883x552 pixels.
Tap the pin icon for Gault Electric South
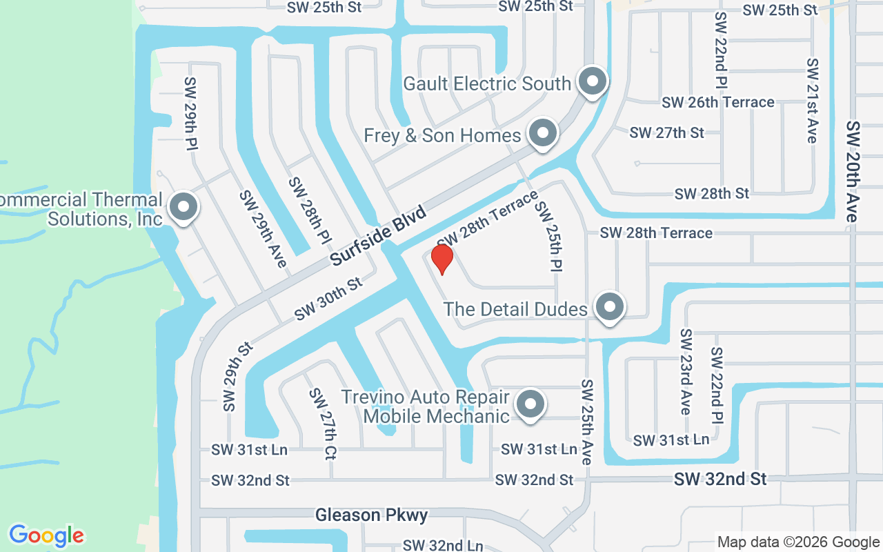tap(591, 82)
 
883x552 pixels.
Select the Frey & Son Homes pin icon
tap(542, 132)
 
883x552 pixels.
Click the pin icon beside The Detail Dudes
tap(609, 307)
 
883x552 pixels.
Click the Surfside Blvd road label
tap(378, 235)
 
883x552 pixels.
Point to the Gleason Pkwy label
tap(371, 515)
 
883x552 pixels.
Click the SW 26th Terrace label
tap(717, 102)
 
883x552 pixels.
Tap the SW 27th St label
tap(666, 132)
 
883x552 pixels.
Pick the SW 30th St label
tap(328, 299)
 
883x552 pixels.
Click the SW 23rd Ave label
tap(685, 371)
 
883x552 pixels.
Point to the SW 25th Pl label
tap(549, 235)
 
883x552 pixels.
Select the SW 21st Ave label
tap(812, 101)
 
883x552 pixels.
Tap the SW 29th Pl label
tap(191, 113)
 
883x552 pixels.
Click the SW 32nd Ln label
tap(443, 545)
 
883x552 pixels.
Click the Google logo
tap(46, 535)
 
